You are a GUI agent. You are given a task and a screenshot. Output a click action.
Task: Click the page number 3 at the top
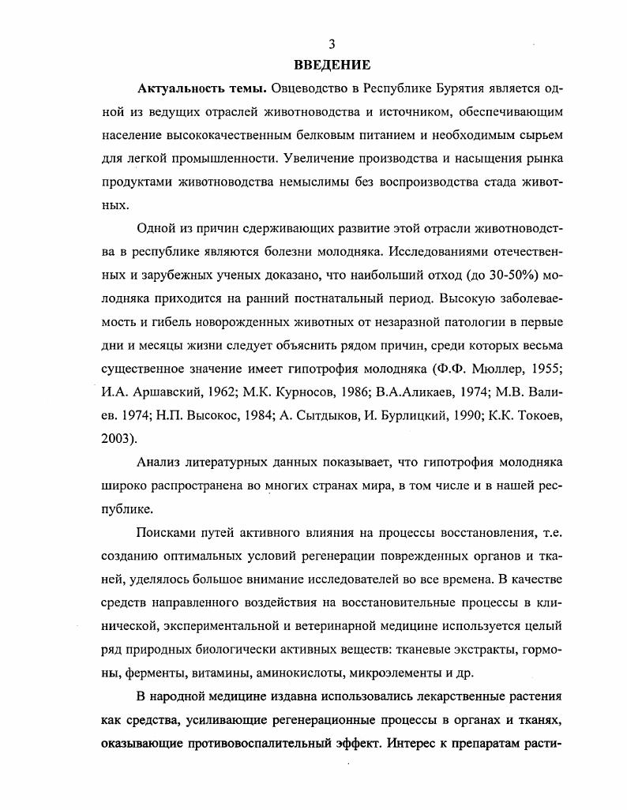332,44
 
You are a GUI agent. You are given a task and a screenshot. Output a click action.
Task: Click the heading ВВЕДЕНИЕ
332,65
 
